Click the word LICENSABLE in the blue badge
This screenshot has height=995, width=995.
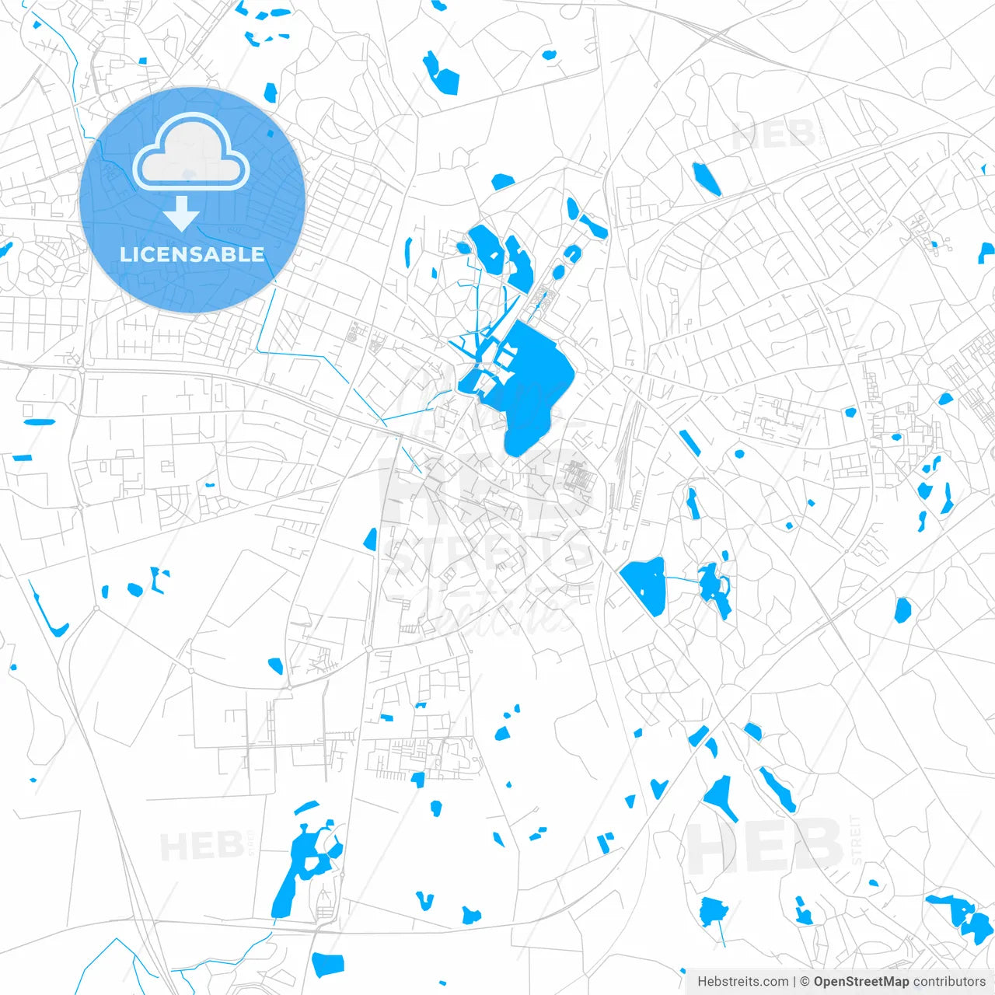[x=192, y=254]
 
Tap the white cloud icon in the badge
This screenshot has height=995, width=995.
[x=190, y=152]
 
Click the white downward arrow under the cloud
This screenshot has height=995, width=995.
[x=182, y=214]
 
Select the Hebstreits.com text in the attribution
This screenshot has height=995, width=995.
[x=742, y=982]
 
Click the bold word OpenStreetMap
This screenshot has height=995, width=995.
[x=861, y=982]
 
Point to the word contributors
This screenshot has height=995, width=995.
[x=949, y=982]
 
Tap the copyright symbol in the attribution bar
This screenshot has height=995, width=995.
[x=805, y=982]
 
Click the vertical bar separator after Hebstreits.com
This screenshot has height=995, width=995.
[x=794, y=982]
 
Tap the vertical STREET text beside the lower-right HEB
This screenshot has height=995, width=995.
[x=856, y=840]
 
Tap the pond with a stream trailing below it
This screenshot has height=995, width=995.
[x=712, y=911]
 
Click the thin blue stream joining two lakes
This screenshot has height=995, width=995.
[x=682, y=579]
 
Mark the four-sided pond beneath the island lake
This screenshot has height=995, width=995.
[x=327, y=964]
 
